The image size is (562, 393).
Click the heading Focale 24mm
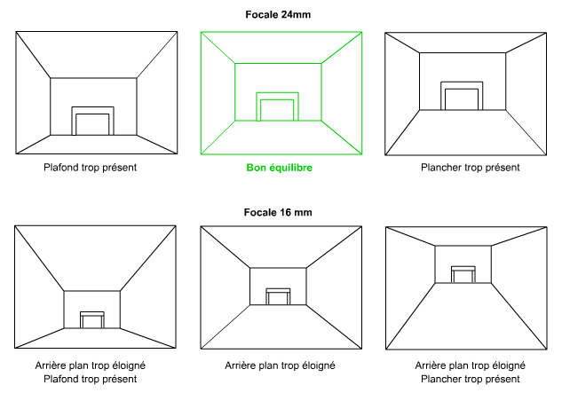click(278, 15)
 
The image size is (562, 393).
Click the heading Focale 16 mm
click(278, 212)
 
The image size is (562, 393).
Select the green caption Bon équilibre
click(279, 168)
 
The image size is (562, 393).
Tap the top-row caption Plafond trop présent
click(91, 168)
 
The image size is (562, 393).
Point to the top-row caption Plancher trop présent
click(471, 168)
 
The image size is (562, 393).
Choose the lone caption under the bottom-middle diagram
click(280, 365)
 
